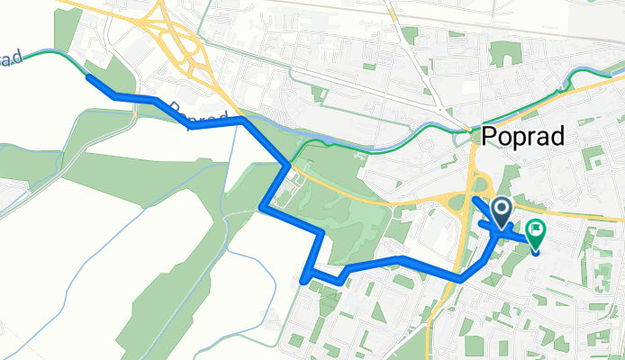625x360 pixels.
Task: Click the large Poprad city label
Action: click(523, 136)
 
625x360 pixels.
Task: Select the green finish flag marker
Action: click(536, 231)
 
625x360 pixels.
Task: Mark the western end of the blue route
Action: click(88, 77)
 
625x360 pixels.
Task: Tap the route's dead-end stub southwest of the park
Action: click(303, 280)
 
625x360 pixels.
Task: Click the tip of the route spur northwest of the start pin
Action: click(475, 197)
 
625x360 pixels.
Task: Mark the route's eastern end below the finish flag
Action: click(537, 251)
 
